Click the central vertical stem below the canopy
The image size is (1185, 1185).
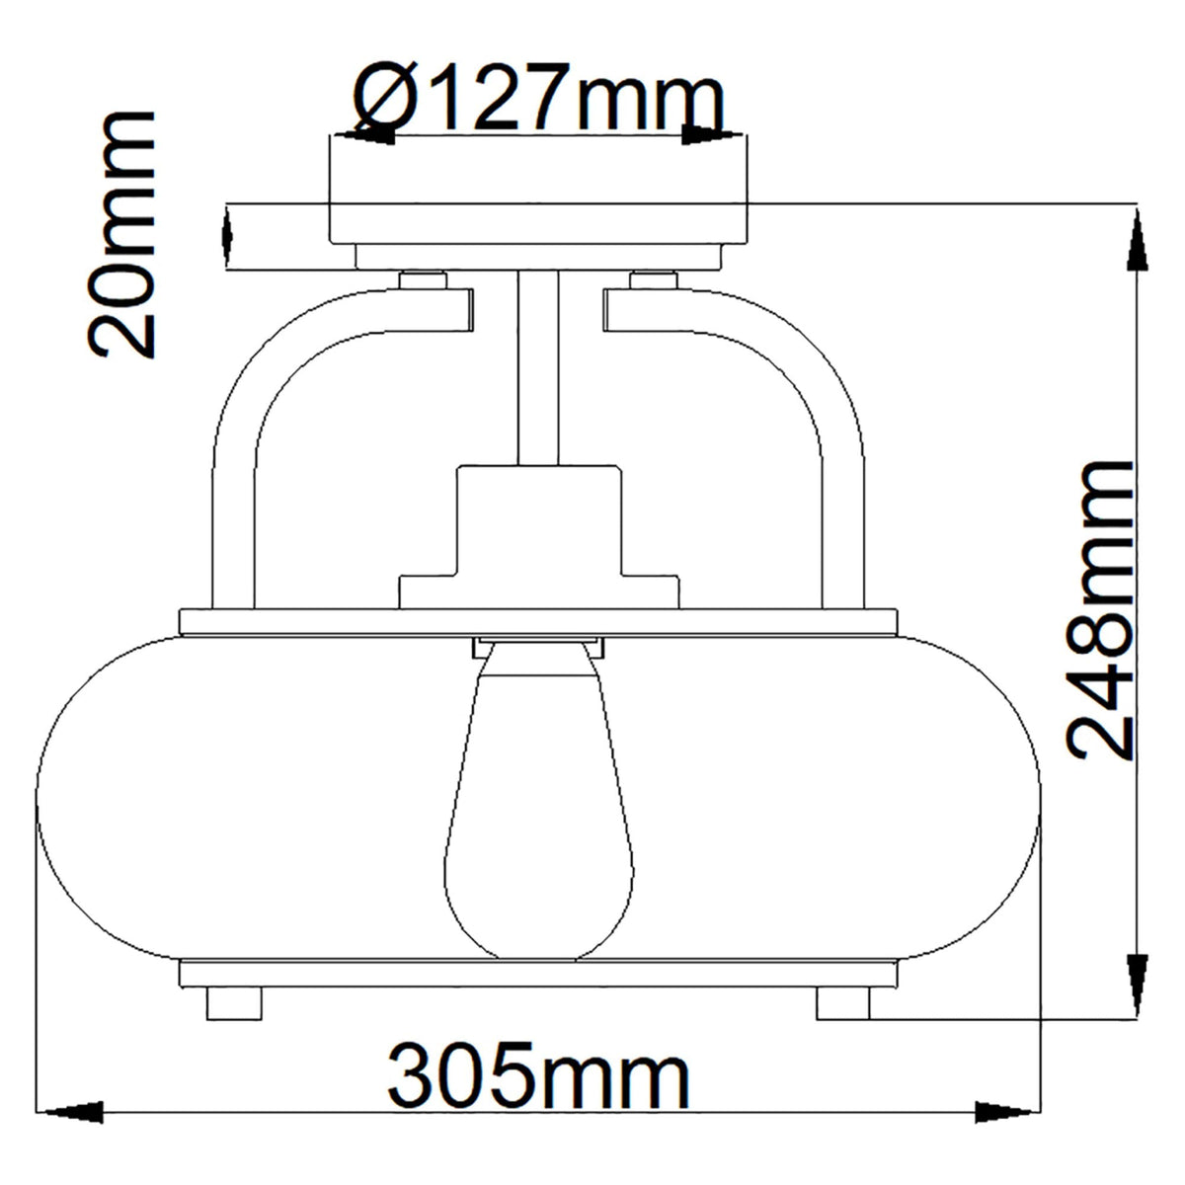click(x=538, y=365)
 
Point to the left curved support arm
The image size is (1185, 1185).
click(x=257, y=395)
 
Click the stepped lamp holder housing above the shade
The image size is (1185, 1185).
click(x=538, y=538)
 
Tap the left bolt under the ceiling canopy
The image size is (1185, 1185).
click(x=425, y=278)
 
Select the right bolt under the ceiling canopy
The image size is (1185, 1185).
click(x=652, y=278)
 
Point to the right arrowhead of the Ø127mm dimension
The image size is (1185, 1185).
click(x=706, y=132)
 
